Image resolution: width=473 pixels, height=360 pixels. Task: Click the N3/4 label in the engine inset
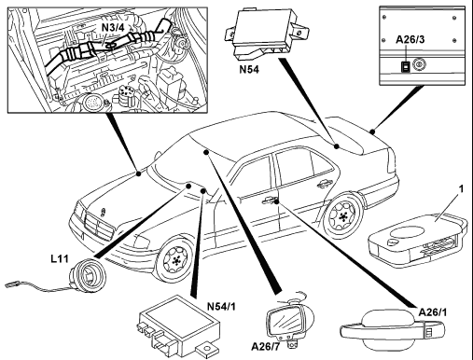(x=113, y=27)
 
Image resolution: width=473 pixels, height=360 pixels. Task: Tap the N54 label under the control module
(x=249, y=69)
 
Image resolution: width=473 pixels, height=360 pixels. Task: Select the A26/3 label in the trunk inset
(x=410, y=39)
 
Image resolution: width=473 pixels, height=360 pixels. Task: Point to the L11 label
(x=60, y=258)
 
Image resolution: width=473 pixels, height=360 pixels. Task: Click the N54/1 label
(x=221, y=307)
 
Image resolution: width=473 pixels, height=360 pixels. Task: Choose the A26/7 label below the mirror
(x=266, y=346)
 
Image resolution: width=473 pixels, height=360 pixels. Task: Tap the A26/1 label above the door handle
(x=433, y=312)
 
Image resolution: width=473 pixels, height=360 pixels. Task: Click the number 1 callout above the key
(x=462, y=188)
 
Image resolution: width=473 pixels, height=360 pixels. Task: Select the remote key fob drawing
(x=418, y=236)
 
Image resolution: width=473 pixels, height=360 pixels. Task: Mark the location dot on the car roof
(x=205, y=152)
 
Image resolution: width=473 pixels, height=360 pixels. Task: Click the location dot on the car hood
(x=138, y=173)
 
